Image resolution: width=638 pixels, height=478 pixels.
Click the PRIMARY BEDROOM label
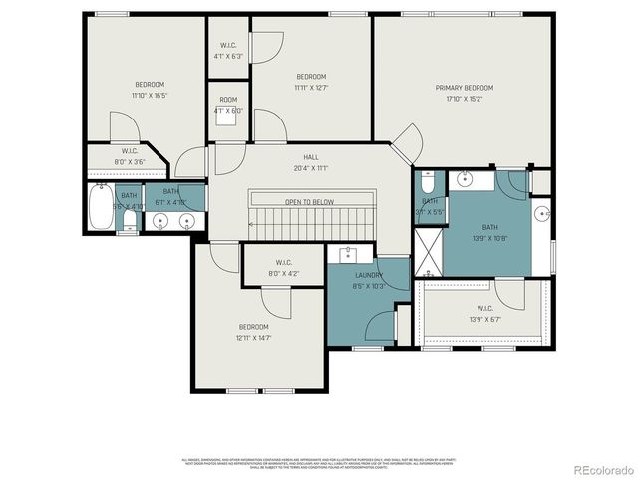tap(464, 88)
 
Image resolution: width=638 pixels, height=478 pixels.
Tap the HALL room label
tap(311, 157)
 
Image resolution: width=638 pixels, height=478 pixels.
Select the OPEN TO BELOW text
tap(309, 202)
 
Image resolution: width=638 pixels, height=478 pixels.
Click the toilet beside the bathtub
tap(129, 221)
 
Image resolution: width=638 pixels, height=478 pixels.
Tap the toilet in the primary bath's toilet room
tap(427, 183)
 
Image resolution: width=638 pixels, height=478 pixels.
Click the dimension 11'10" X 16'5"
tap(150, 96)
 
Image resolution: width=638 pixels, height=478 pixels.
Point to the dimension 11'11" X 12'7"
tap(311, 88)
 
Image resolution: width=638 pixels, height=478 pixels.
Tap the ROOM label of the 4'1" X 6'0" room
tap(228, 100)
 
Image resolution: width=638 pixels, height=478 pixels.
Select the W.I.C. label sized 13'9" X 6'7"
tap(484, 308)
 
